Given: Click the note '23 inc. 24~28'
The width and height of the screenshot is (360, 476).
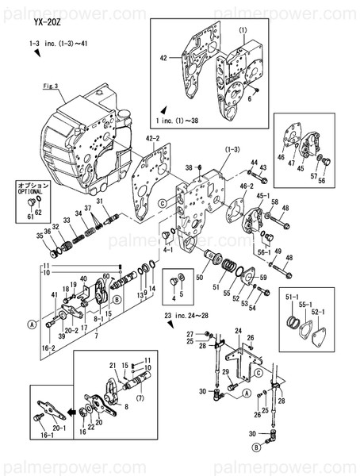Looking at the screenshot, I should [x=190, y=317].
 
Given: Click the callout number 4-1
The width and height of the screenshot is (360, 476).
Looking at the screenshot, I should [x=167, y=249].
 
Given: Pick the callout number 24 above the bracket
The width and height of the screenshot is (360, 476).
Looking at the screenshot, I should [x=237, y=329].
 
